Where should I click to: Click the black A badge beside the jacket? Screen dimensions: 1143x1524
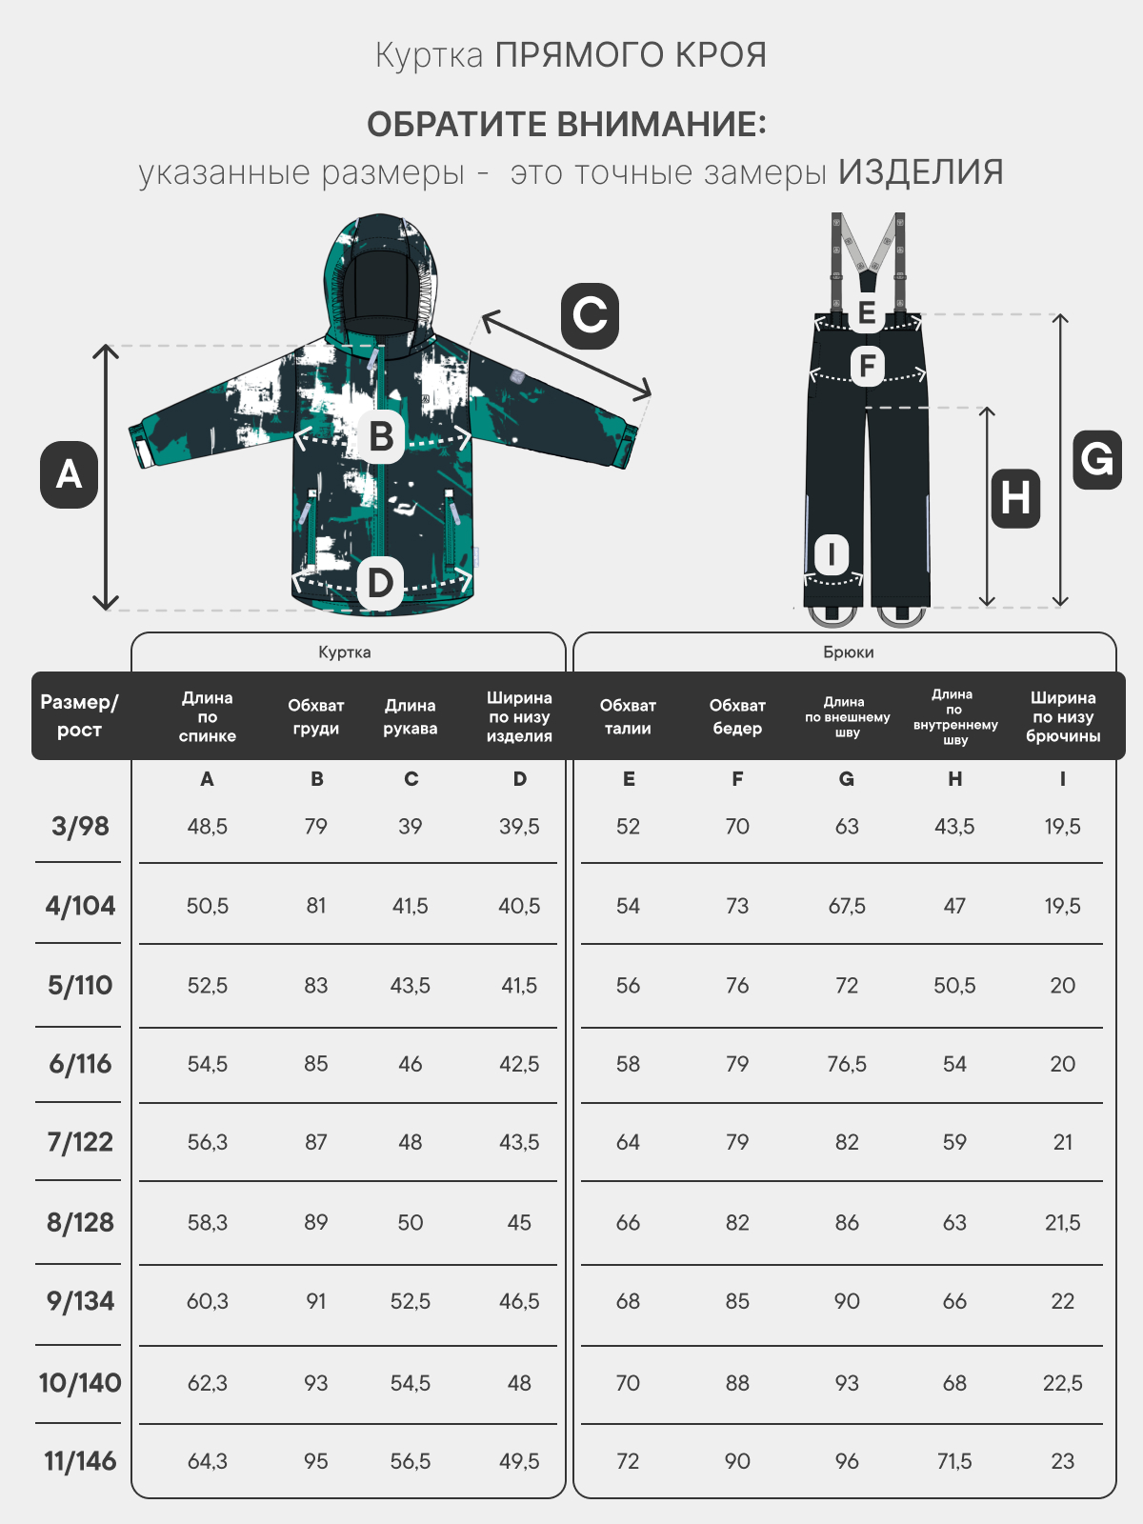pos(69,475)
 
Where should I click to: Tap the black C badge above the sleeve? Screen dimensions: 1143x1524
pos(590,316)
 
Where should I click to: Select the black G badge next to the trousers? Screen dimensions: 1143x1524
pos(1097,459)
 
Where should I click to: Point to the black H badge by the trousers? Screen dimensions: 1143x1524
pos(1015,498)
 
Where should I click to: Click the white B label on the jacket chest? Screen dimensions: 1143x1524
pos(380,436)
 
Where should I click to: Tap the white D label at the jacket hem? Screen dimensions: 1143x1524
pos(380,583)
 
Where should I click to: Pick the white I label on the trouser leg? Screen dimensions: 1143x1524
pos(831,554)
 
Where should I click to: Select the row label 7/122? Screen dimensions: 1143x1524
pos(80,1142)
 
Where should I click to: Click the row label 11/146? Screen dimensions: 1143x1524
pos(80,1461)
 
